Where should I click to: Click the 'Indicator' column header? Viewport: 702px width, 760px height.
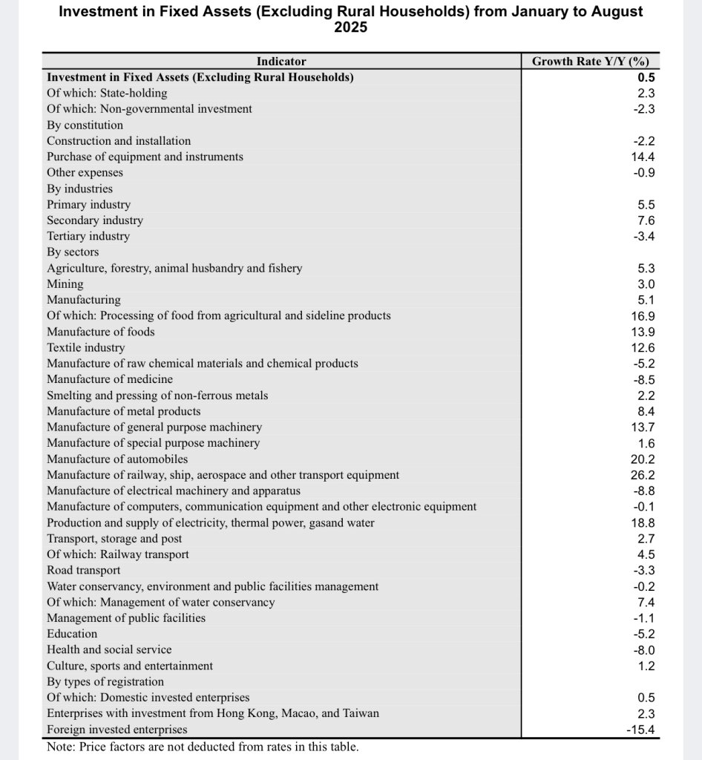coord(281,62)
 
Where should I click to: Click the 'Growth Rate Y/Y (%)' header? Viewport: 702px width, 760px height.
coord(591,62)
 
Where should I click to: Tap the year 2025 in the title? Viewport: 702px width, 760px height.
coord(351,28)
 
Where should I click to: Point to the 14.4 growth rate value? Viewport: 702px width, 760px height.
coord(643,157)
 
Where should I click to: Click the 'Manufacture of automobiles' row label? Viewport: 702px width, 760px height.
coord(117,459)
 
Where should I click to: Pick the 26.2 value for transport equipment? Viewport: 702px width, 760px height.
coord(643,475)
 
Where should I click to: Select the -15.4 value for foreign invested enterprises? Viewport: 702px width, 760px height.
coord(640,730)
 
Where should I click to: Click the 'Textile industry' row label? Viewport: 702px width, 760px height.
coord(86,347)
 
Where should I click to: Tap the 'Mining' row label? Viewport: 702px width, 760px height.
coord(65,284)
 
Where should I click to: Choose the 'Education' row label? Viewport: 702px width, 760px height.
coord(72,634)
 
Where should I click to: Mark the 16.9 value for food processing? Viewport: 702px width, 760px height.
coord(643,315)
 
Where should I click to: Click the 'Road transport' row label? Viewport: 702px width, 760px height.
coord(83,570)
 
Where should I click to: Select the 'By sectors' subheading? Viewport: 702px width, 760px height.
coord(73,252)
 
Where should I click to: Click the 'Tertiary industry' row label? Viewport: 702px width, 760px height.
coord(88,236)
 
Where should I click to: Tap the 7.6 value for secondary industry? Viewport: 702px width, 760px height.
coord(646,220)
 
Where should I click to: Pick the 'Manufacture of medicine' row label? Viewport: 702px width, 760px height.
coord(110,379)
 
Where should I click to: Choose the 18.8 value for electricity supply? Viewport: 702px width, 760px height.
coord(643,522)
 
